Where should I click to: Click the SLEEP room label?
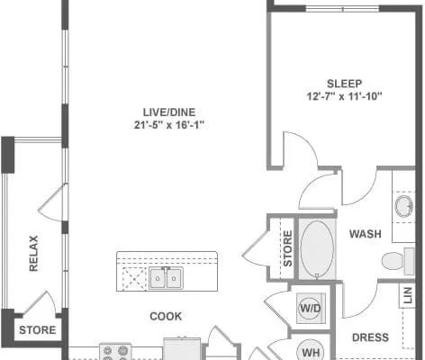pyautogui.click(x=344, y=84)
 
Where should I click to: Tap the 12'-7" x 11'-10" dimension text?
pyautogui.click(x=344, y=96)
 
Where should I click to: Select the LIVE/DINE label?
pyautogui.click(x=169, y=112)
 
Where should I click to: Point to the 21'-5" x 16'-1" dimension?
pyautogui.click(x=169, y=125)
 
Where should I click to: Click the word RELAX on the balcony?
pyautogui.click(x=33, y=254)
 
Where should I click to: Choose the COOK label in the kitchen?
pyautogui.click(x=166, y=316)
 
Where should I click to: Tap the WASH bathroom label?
pyautogui.click(x=366, y=234)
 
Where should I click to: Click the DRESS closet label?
pyautogui.click(x=370, y=337)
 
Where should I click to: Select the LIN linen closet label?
pyautogui.click(x=408, y=295)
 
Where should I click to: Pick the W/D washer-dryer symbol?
pyautogui.click(x=311, y=308)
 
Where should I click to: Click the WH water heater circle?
pyautogui.click(x=311, y=351)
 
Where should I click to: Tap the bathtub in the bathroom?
pyautogui.click(x=317, y=248)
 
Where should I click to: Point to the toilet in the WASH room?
pyautogui.click(x=398, y=261)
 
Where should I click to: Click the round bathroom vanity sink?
pyautogui.click(x=403, y=206)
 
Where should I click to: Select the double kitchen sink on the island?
pyautogui.click(x=166, y=278)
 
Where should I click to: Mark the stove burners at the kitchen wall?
pyautogui.click(x=115, y=352)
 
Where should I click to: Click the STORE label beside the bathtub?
pyautogui.click(x=287, y=248)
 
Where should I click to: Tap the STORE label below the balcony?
pyautogui.click(x=38, y=330)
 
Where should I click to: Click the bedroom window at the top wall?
pyautogui.click(x=342, y=9)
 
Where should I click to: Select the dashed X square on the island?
pyautogui.click(x=134, y=279)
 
